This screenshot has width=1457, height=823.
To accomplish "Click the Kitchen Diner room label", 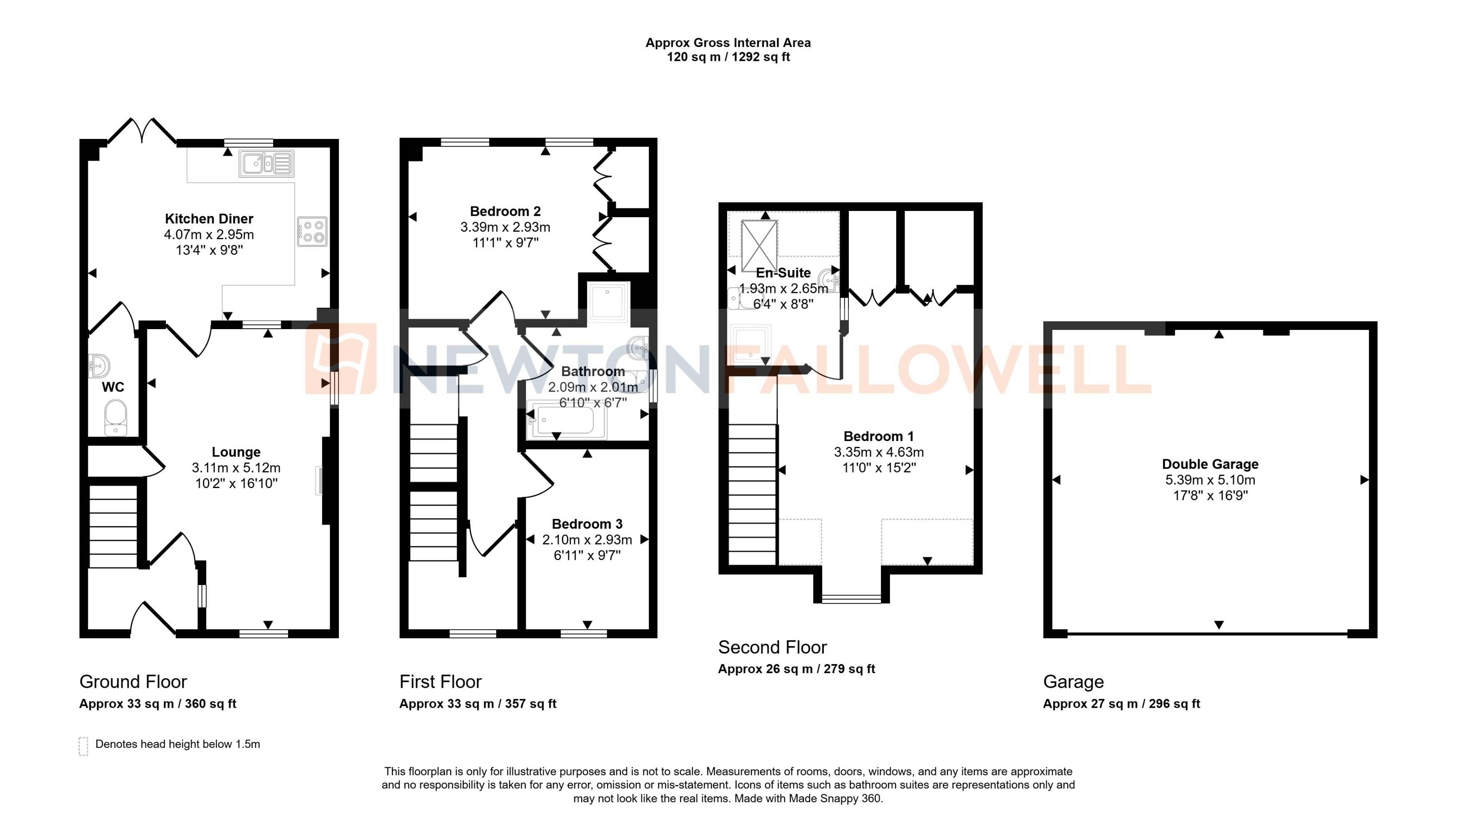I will (x=209, y=219).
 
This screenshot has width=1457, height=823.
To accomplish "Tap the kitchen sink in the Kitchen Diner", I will (x=266, y=164).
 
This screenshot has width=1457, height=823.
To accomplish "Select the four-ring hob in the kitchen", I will (x=312, y=232).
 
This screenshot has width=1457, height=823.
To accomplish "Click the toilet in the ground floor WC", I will (x=115, y=418).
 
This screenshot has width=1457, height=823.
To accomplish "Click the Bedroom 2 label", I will (x=505, y=211).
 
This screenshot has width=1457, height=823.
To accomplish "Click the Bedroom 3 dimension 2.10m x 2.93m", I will (x=587, y=540).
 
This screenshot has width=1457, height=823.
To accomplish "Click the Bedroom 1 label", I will (x=878, y=436).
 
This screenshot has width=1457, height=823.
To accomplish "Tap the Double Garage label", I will (x=1210, y=464).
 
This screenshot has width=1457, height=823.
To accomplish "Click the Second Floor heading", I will (x=772, y=647).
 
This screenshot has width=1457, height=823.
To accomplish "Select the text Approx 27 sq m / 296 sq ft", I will (x=1121, y=704).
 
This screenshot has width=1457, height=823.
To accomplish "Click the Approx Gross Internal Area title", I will (x=728, y=43).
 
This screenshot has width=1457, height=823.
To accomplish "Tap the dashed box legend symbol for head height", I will (x=83, y=746).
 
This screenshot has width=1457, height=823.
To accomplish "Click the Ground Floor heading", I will (x=133, y=682).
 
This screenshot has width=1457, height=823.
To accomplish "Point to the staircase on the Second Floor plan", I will (x=752, y=495).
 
